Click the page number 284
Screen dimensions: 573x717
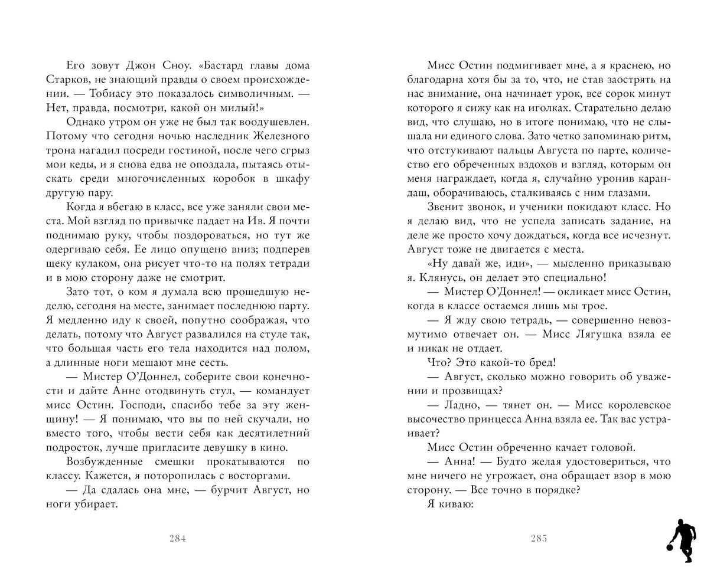pos(177,538)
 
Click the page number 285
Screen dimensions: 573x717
pos(539,538)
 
